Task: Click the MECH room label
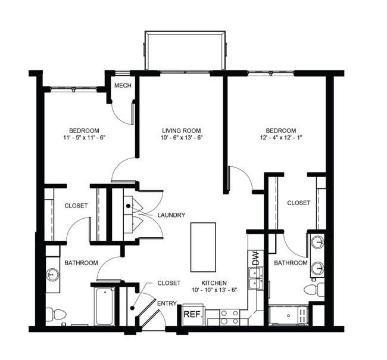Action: [x=123, y=85]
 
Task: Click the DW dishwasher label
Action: [x=256, y=259]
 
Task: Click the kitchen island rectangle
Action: [x=203, y=247]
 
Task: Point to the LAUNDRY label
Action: [x=171, y=215]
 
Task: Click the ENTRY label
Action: [x=167, y=303]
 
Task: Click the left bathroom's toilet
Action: [x=57, y=314]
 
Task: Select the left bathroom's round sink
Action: [x=53, y=275]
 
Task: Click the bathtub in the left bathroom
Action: [x=105, y=306]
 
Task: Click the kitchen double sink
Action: [x=256, y=278]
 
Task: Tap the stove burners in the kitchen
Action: [x=230, y=316]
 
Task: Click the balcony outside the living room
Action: [x=186, y=52]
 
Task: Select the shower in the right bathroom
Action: [x=288, y=315]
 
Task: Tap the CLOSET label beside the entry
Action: [x=169, y=283]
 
